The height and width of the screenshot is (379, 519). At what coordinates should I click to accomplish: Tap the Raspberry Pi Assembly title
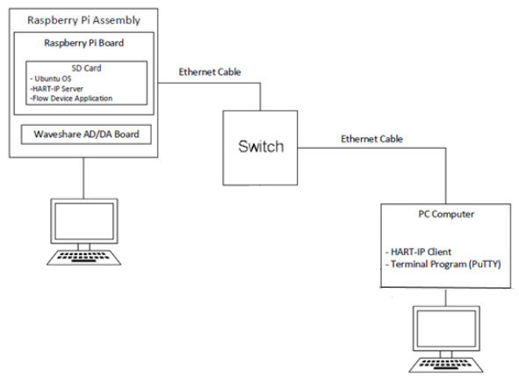tap(83, 20)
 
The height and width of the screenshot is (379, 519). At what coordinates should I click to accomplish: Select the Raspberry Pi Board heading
tap(84, 43)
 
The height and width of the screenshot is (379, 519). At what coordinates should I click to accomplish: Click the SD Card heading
tap(86, 68)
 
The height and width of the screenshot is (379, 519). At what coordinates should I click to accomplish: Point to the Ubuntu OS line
tap(50, 78)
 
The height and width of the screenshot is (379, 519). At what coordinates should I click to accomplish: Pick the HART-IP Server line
tap(56, 89)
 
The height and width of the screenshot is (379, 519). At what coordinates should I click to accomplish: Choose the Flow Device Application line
tap(71, 98)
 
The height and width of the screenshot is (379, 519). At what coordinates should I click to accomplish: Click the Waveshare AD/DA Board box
tap(86, 135)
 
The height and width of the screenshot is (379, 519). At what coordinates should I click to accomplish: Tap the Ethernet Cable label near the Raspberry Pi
tap(210, 72)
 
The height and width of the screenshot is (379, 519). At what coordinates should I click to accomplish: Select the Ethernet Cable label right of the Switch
tap(371, 139)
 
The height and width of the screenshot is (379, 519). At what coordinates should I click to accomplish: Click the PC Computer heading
tap(446, 215)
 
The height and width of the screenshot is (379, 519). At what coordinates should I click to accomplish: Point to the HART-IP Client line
tap(418, 252)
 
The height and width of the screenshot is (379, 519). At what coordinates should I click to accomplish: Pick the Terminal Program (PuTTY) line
tap(443, 265)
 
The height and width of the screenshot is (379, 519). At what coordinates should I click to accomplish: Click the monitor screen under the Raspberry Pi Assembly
tap(84, 222)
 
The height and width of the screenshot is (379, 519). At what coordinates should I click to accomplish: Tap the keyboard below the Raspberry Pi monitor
tap(84, 258)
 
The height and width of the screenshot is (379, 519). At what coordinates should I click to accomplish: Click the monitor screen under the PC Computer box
tap(446, 328)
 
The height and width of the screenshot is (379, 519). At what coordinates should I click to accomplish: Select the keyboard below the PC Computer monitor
tap(446, 365)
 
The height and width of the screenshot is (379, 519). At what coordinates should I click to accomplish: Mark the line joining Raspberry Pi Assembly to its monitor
tap(83, 178)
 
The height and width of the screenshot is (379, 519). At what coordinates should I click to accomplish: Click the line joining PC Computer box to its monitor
tap(446, 297)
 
